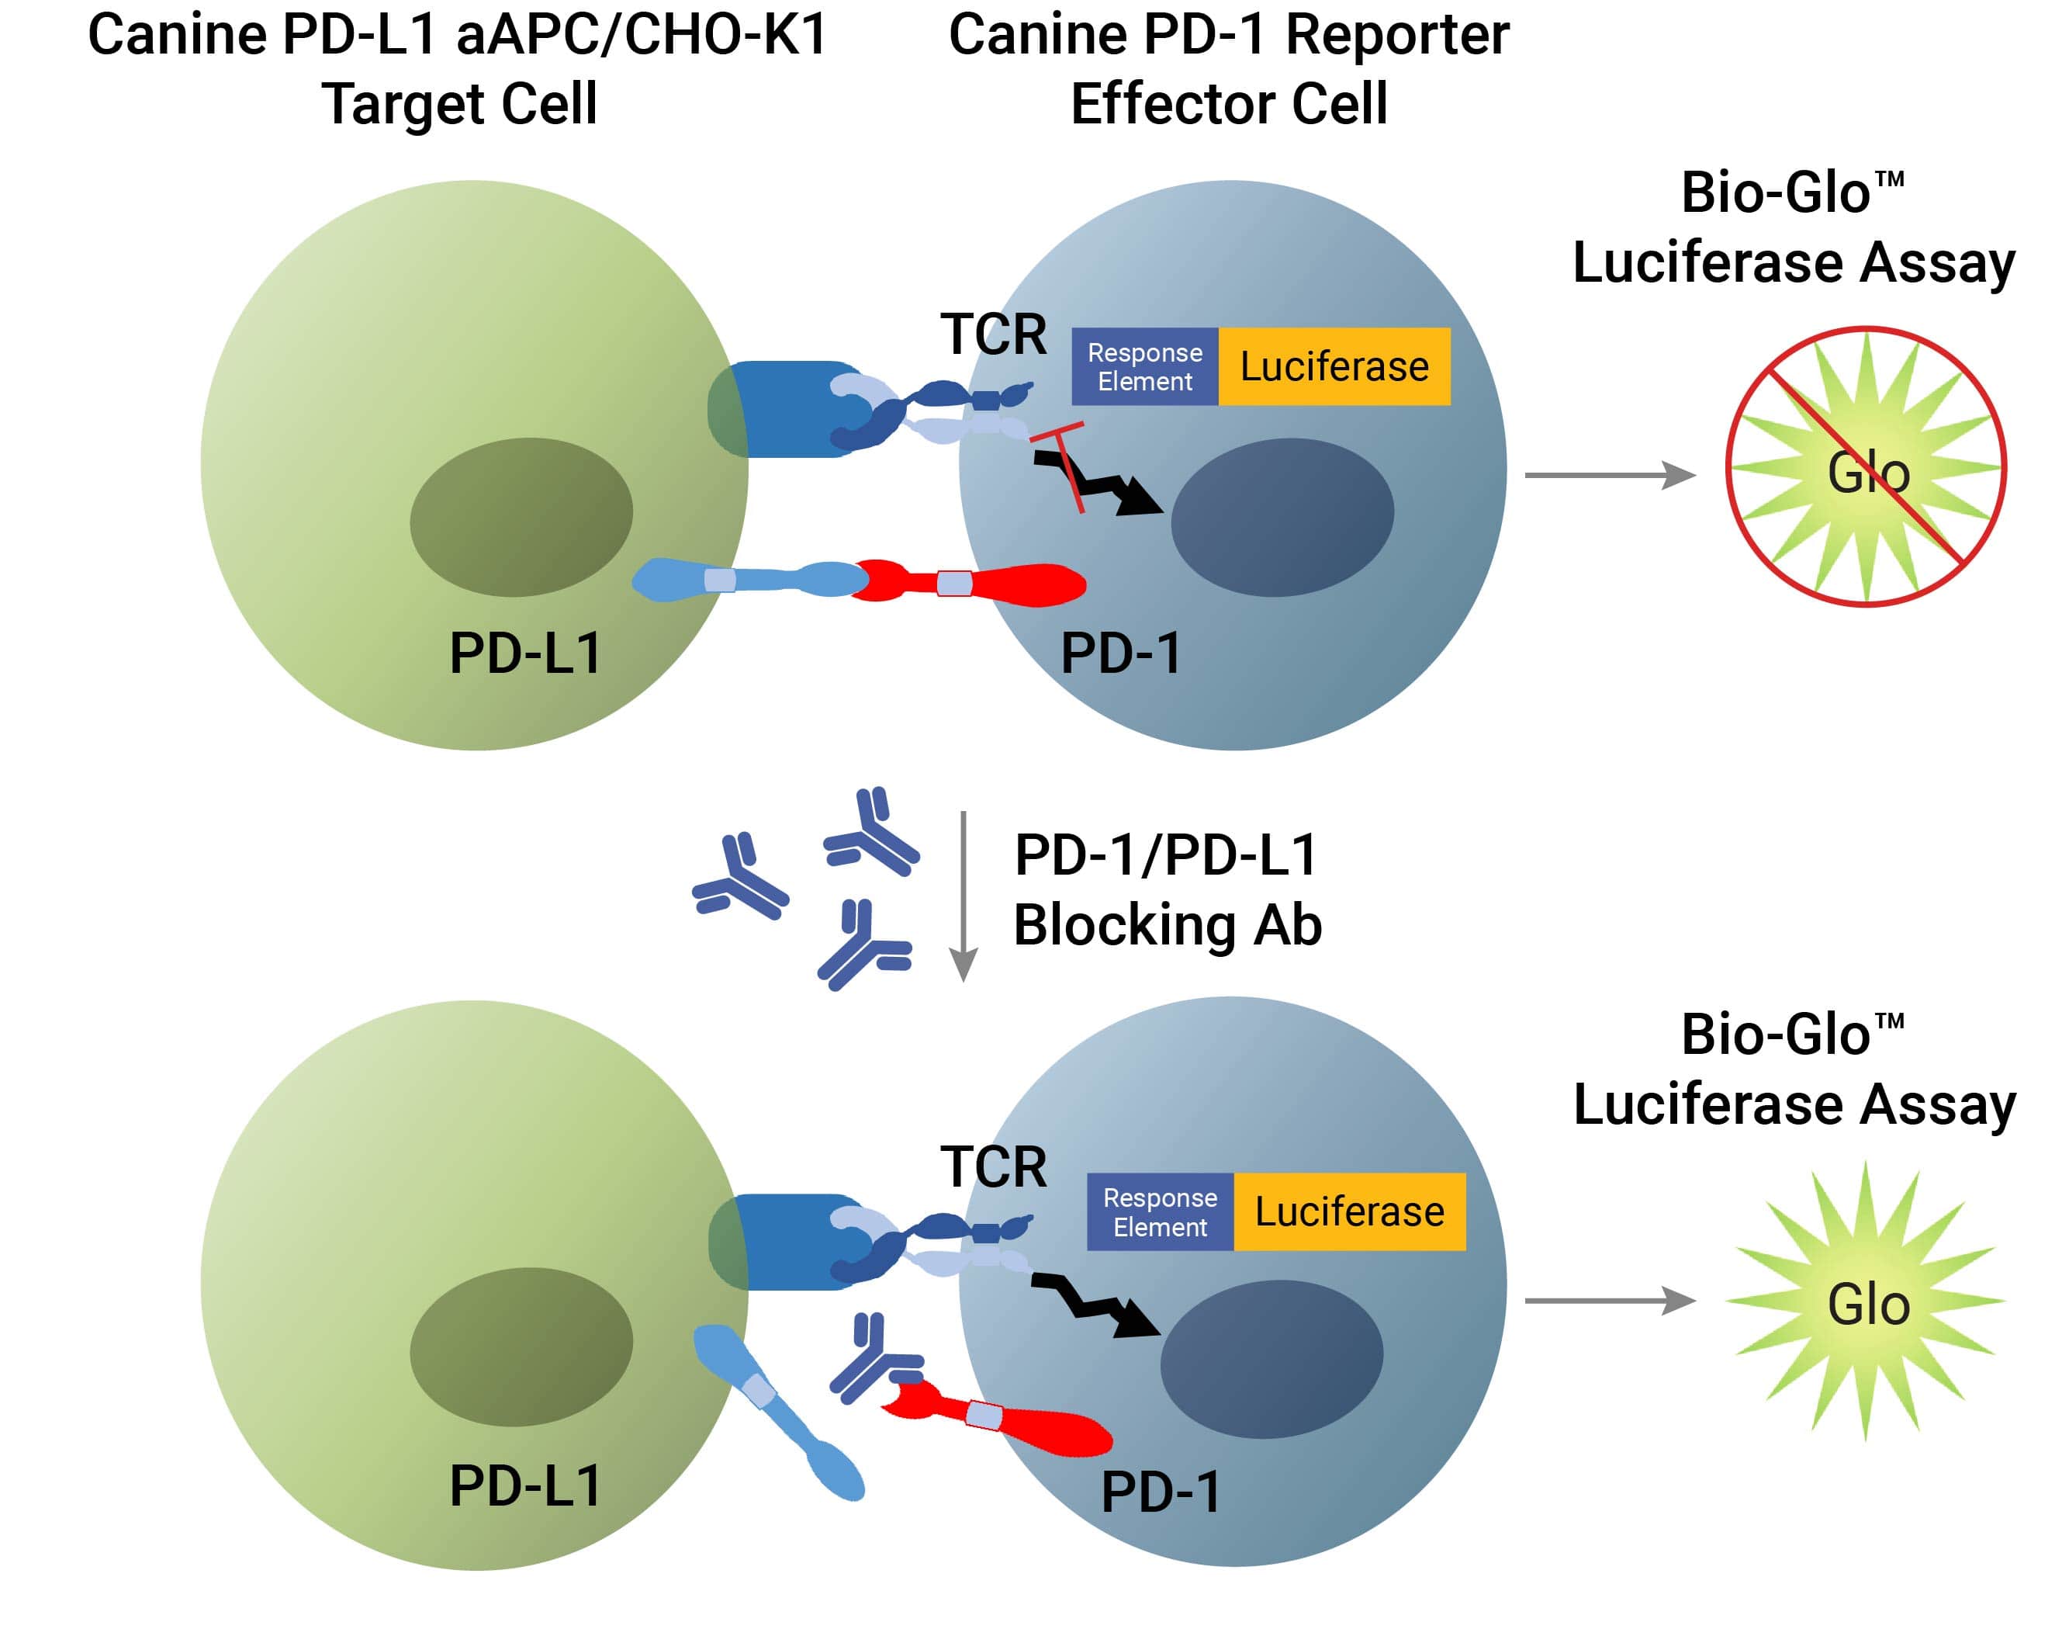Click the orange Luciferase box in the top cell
point(1333,366)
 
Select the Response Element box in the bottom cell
point(1160,1211)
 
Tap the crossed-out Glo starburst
point(1865,467)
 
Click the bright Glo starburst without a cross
point(1865,1301)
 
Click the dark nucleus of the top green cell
point(521,517)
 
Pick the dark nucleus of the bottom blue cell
point(1271,1359)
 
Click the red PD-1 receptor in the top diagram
point(982,583)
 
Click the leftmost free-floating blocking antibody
point(739,879)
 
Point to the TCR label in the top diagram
point(992,334)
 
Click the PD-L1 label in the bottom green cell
point(524,1485)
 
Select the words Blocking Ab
point(1167,925)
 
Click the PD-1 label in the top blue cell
point(1120,653)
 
